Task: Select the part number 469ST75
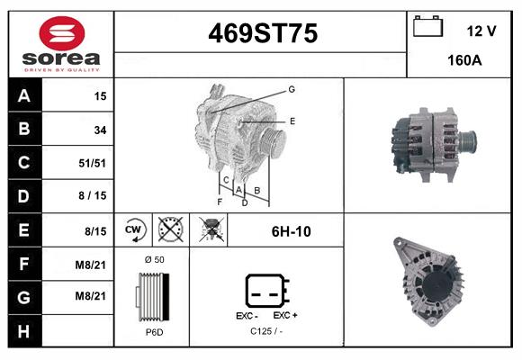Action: coord(262,34)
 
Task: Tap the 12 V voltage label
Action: coord(481,31)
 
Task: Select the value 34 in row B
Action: coord(100,130)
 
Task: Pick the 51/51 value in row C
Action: coord(94,164)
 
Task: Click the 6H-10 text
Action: coord(291,231)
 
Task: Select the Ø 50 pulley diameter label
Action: coord(154,259)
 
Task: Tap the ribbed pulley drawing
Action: coord(151,296)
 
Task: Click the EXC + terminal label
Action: coord(285,316)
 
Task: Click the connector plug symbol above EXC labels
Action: coord(266,291)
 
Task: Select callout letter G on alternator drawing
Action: coord(292,89)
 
